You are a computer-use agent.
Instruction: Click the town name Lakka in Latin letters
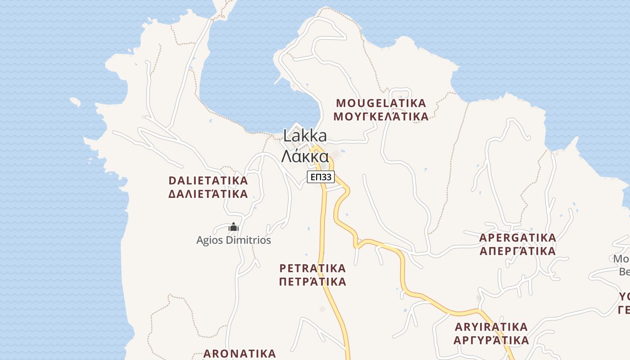tap(305, 135)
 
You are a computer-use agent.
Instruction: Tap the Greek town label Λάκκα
tap(305, 156)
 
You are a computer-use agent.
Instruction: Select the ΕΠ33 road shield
tap(321, 177)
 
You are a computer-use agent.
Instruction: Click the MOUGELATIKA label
tap(381, 103)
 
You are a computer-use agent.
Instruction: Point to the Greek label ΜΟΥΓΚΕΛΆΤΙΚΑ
tap(381, 117)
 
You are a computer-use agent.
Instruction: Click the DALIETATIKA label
tap(208, 180)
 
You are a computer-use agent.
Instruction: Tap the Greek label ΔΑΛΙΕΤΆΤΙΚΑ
tap(208, 194)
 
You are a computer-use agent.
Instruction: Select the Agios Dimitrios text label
tap(234, 240)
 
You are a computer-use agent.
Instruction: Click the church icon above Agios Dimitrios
tap(233, 227)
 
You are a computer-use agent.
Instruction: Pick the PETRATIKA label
tap(313, 269)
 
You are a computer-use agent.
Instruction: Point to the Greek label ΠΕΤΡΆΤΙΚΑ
tap(313, 282)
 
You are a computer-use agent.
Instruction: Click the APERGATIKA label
tap(517, 238)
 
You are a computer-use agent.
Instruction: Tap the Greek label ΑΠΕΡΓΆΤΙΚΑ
tap(517, 251)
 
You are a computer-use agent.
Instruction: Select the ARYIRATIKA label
tap(491, 327)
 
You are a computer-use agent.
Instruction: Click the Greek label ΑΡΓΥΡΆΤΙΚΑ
tap(491, 340)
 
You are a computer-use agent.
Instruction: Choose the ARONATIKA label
tap(239, 353)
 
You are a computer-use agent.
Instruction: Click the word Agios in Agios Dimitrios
tap(210, 240)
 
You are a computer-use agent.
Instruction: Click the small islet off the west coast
tap(75, 102)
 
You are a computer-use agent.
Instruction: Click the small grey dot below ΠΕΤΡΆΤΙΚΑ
tap(322, 309)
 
